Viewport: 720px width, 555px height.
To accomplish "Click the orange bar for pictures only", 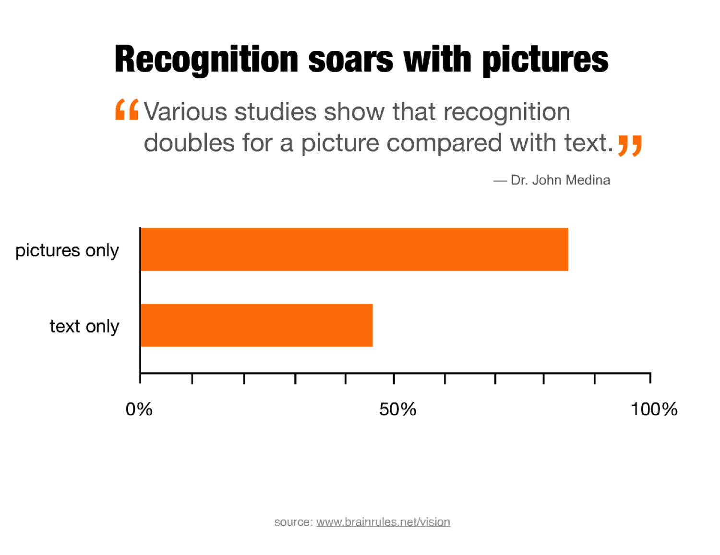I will (x=354, y=249).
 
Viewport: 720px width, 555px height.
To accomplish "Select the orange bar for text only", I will (x=256, y=325).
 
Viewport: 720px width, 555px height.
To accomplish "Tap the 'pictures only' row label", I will (x=67, y=250).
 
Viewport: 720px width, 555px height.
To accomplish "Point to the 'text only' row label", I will (x=84, y=326).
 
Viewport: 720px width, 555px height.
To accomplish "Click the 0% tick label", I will (x=139, y=409).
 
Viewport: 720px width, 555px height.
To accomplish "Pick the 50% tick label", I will (x=397, y=409).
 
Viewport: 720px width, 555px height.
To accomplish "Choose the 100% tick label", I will (x=654, y=409).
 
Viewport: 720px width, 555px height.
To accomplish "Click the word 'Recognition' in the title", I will (x=207, y=60).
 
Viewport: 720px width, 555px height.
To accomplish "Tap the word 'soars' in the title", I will (x=350, y=60).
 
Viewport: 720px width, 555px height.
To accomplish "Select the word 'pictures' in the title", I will (x=545, y=60).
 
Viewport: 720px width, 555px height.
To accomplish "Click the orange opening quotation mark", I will (x=127, y=110).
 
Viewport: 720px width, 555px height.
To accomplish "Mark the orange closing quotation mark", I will (x=630, y=145).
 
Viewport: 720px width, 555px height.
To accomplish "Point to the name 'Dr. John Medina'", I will (x=560, y=180).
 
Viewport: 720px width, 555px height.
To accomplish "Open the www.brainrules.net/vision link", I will (x=383, y=522).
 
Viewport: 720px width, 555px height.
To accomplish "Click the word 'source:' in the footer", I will (x=293, y=522).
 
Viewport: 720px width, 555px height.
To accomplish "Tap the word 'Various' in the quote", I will (x=185, y=112).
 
